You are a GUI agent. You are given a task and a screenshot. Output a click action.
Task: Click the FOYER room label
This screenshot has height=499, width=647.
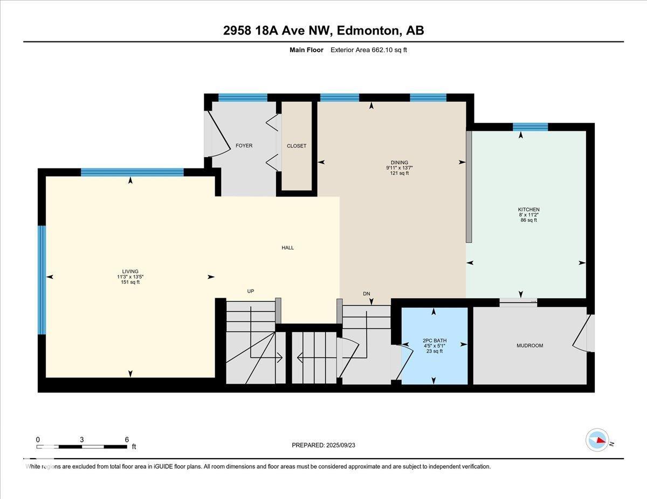point(244,146)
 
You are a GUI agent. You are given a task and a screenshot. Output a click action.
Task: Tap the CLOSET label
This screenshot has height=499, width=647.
point(297,146)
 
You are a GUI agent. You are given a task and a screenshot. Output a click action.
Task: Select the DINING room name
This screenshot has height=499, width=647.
point(400,163)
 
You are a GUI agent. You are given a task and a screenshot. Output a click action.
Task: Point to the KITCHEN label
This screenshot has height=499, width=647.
point(529,209)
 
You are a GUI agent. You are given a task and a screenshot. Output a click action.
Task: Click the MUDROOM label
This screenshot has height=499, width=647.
point(530,346)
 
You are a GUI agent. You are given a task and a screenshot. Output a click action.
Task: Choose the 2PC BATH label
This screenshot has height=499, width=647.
point(435,341)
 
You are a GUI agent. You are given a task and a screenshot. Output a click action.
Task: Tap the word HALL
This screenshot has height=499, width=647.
point(287,248)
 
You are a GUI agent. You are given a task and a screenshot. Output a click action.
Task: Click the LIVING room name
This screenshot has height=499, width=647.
point(130,271)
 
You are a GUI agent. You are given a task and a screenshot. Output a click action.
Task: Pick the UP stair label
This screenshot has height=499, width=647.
point(251,291)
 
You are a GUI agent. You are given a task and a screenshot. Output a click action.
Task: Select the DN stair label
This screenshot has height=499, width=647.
point(367,293)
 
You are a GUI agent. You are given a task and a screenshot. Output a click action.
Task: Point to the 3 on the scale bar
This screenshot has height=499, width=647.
point(81,440)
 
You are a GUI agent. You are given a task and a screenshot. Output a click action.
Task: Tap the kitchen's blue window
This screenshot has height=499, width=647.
point(531,127)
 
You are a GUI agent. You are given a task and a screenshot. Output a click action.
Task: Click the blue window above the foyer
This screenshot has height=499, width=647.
point(243,97)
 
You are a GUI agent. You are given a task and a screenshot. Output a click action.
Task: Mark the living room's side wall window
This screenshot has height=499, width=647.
point(42,280)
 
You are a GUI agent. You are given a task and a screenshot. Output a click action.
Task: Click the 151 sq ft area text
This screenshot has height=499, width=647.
point(130,282)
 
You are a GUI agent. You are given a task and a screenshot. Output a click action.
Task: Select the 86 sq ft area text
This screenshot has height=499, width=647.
point(529,220)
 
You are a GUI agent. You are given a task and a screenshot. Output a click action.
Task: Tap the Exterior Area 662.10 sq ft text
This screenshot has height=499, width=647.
point(369,50)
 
